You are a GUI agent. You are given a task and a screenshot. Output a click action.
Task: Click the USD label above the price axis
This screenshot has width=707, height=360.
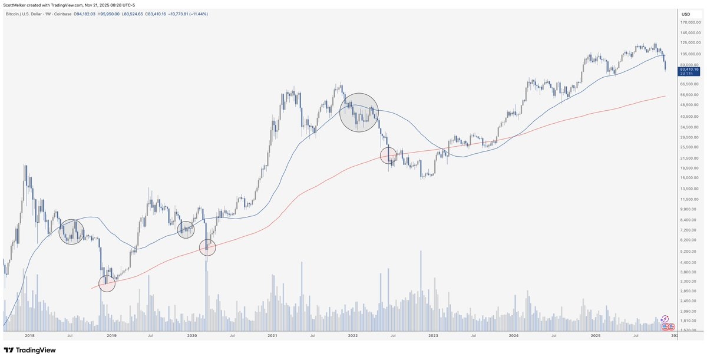(686, 14)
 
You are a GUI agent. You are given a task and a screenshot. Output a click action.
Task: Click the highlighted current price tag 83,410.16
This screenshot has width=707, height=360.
(688, 69)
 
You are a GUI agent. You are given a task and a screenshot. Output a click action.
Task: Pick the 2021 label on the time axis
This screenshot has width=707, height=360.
(272, 335)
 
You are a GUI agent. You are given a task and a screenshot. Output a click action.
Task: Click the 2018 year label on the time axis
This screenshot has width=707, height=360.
(29, 335)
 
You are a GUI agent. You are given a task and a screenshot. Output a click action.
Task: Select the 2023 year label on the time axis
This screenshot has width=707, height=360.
(433, 335)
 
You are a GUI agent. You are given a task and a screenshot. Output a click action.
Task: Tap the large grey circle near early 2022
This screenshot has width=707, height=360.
(359, 112)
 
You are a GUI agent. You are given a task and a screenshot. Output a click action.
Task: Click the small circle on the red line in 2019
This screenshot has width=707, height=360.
(107, 284)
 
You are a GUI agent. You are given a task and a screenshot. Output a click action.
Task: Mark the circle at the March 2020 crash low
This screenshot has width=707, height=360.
(207, 247)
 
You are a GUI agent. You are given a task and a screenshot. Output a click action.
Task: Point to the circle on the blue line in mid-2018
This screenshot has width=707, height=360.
(71, 232)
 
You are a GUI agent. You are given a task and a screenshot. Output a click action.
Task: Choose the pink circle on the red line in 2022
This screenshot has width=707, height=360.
(388, 156)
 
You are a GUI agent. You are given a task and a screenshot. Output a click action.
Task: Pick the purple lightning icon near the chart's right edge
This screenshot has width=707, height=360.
(665, 318)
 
